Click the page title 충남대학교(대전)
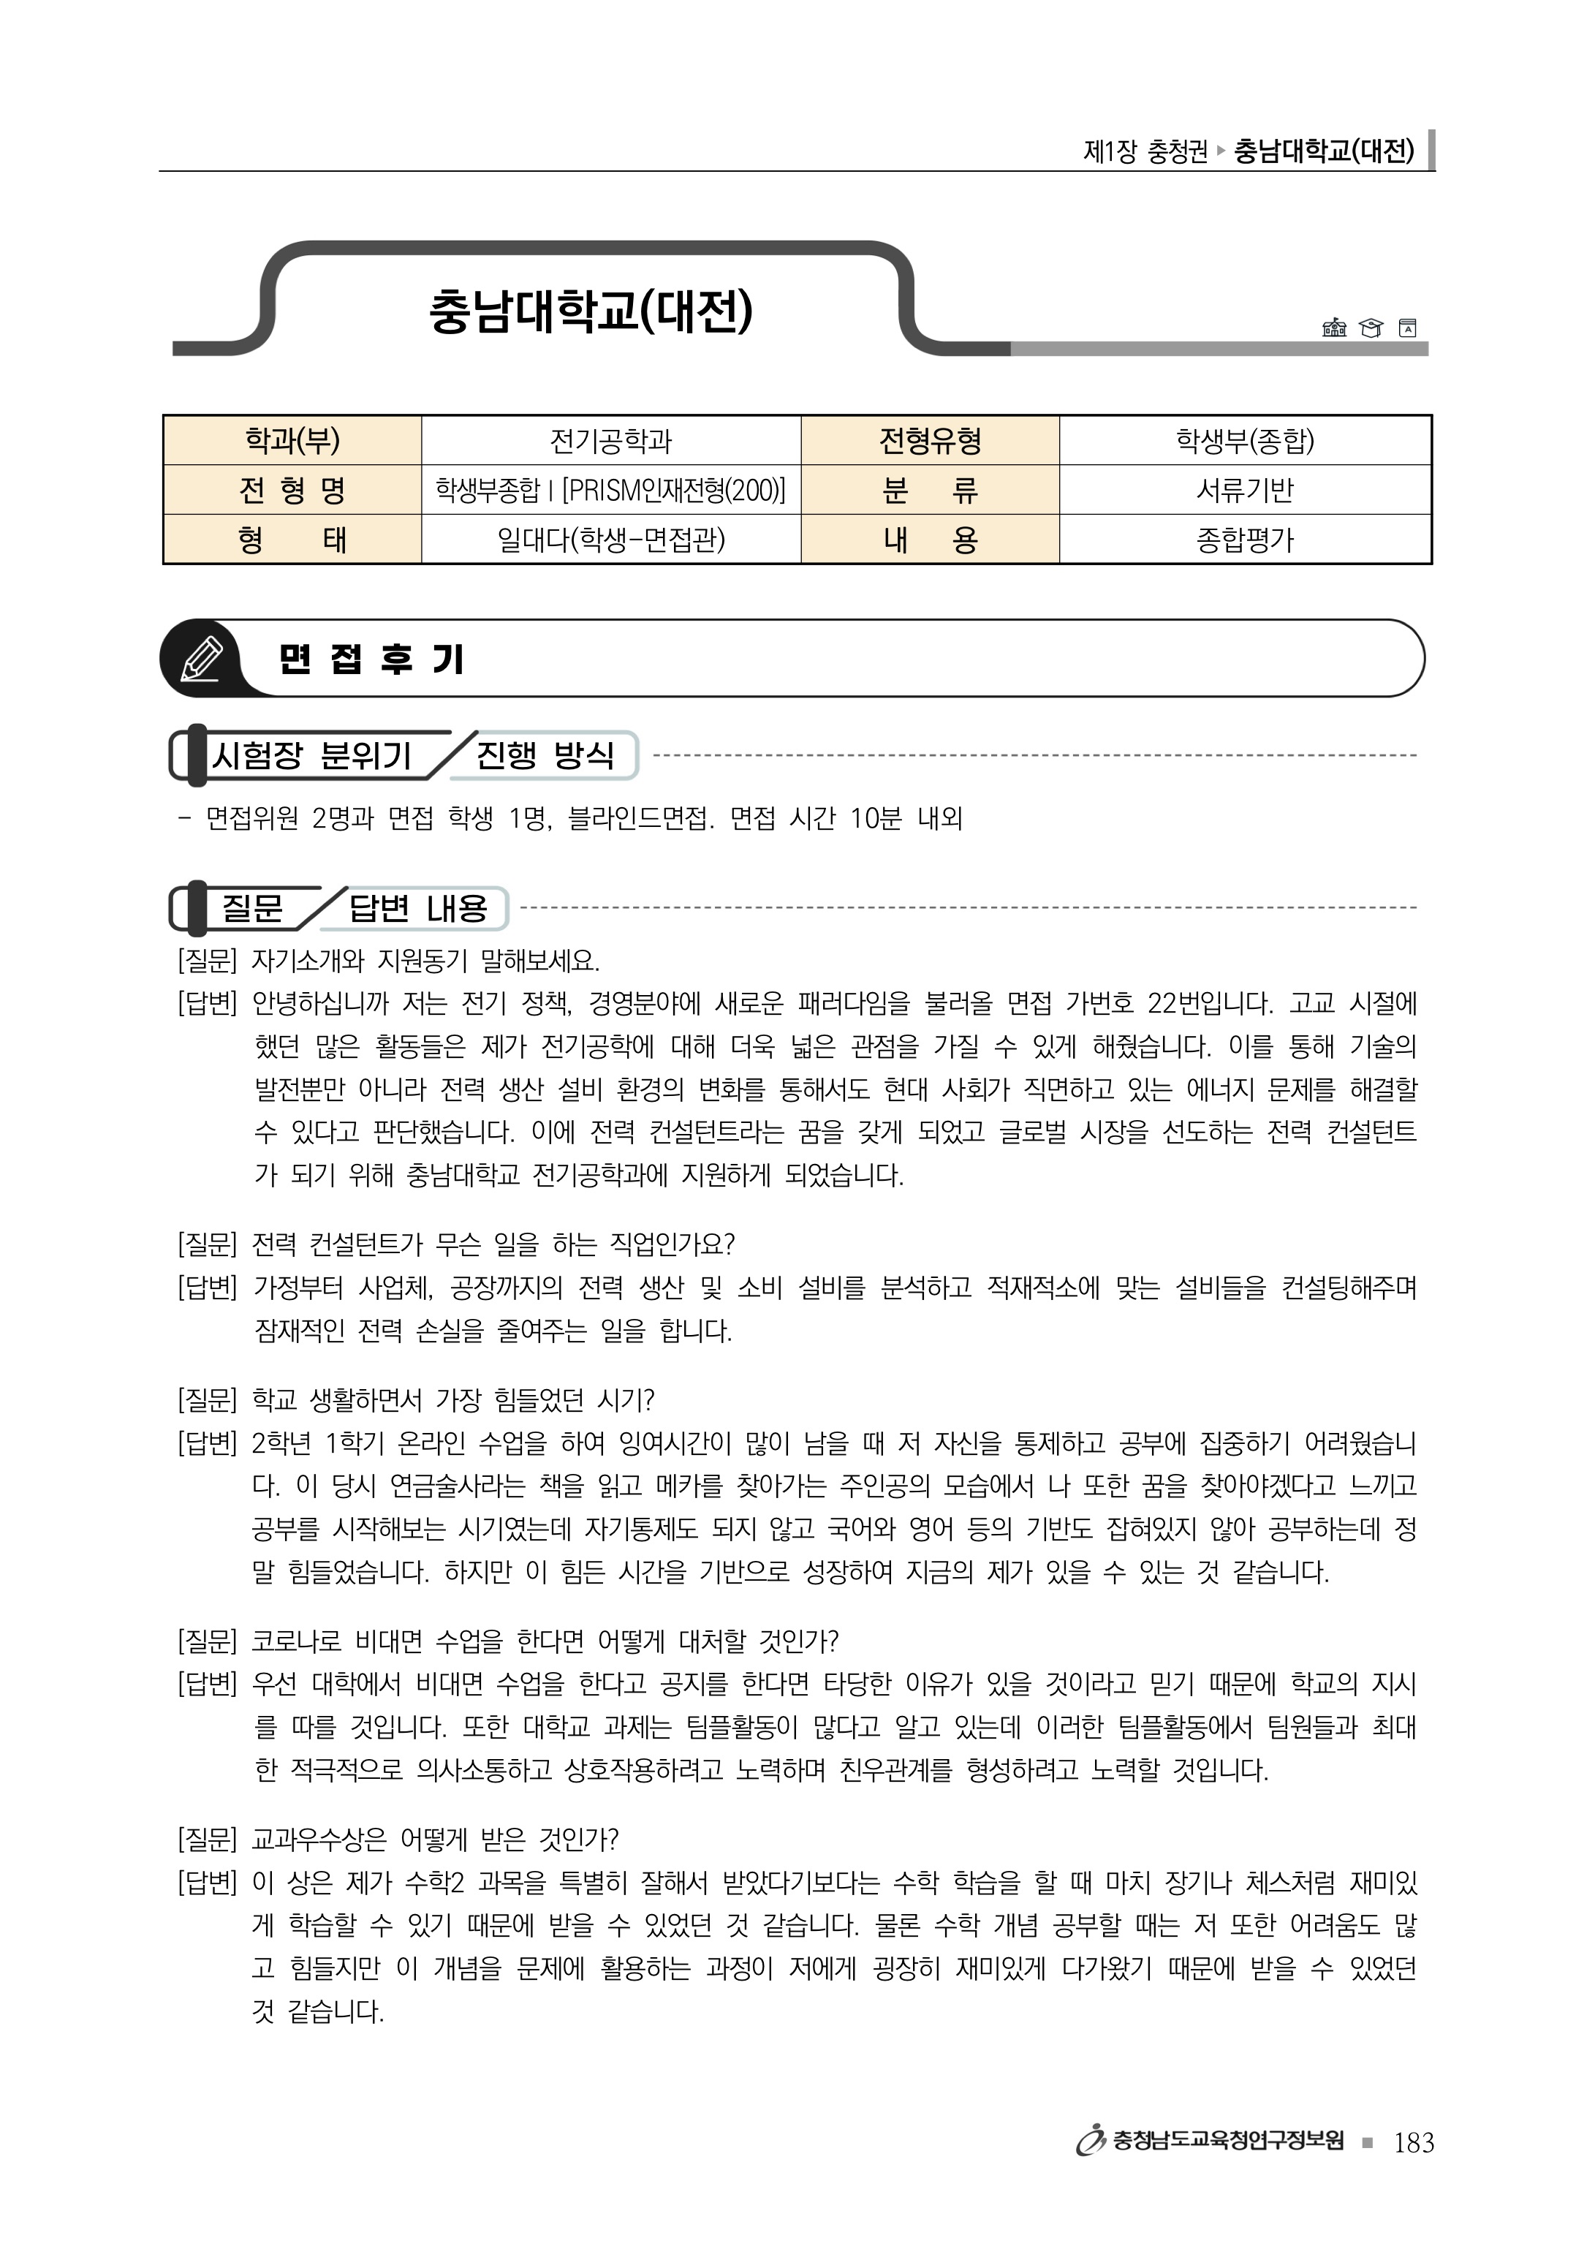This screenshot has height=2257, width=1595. point(591,311)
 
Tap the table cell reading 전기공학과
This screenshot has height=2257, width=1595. point(610,440)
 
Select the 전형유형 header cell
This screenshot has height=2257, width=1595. point(930,440)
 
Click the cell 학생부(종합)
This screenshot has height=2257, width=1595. point(1244,440)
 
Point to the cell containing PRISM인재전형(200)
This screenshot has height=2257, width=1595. point(610,490)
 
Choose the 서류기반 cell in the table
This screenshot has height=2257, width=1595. point(1244,490)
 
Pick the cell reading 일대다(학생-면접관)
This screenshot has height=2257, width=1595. point(610,540)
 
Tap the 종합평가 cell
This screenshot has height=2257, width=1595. point(1244,540)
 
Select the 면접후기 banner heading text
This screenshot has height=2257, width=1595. point(371,659)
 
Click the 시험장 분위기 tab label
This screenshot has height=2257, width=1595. point(311,755)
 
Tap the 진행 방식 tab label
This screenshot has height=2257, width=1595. point(545,755)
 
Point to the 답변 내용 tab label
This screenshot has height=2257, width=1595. point(417,907)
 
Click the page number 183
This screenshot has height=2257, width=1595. point(1413,2142)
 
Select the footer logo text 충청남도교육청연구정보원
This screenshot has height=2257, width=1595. point(1227,2141)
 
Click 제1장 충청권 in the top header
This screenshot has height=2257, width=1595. point(1145,151)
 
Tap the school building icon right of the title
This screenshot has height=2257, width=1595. point(1333,328)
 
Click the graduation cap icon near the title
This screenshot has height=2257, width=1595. point(1370,328)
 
